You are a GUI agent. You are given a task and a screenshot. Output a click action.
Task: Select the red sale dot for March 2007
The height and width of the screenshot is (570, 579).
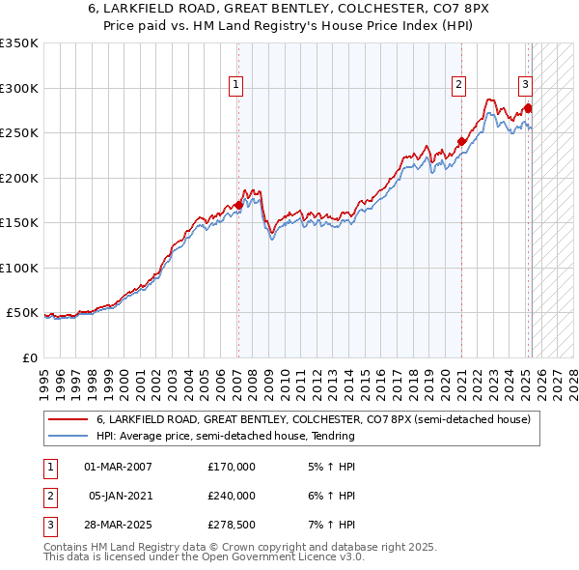click(238, 205)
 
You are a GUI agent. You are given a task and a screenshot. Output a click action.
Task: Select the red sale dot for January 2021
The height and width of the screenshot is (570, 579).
click(461, 142)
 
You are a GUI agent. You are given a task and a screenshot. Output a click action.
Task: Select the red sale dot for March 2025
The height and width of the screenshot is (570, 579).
click(529, 107)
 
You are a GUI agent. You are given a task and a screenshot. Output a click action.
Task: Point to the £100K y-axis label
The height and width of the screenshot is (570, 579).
click(19, 268)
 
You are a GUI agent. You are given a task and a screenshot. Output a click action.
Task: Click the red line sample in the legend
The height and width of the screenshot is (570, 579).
click(69, 420)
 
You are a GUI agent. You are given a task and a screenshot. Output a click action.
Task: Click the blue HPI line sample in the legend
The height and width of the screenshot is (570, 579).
click(69, 436)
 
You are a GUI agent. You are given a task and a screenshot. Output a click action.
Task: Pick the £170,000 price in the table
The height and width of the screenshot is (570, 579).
click(232, 467)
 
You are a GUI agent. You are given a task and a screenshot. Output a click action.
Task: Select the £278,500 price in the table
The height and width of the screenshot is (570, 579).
click(232, 525)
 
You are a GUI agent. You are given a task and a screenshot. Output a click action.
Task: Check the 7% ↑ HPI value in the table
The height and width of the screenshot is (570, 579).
click(331, 525)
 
